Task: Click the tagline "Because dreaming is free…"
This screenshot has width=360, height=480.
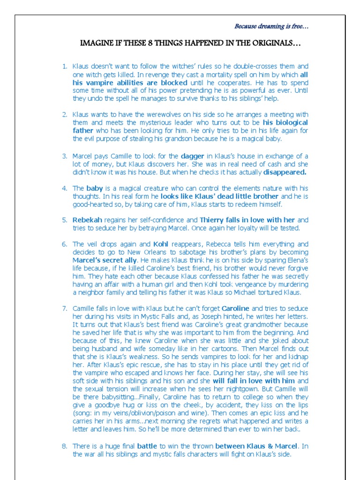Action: tap(271, 27)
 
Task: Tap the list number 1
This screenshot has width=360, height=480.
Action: tap(65, 67)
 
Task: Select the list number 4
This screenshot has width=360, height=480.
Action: tap(65, 188)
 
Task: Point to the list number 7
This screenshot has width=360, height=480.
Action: tap(65, 308)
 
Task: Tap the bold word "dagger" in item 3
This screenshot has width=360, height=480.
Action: tap(193, 156)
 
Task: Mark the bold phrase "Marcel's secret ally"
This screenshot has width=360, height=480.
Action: tap(105, 260)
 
